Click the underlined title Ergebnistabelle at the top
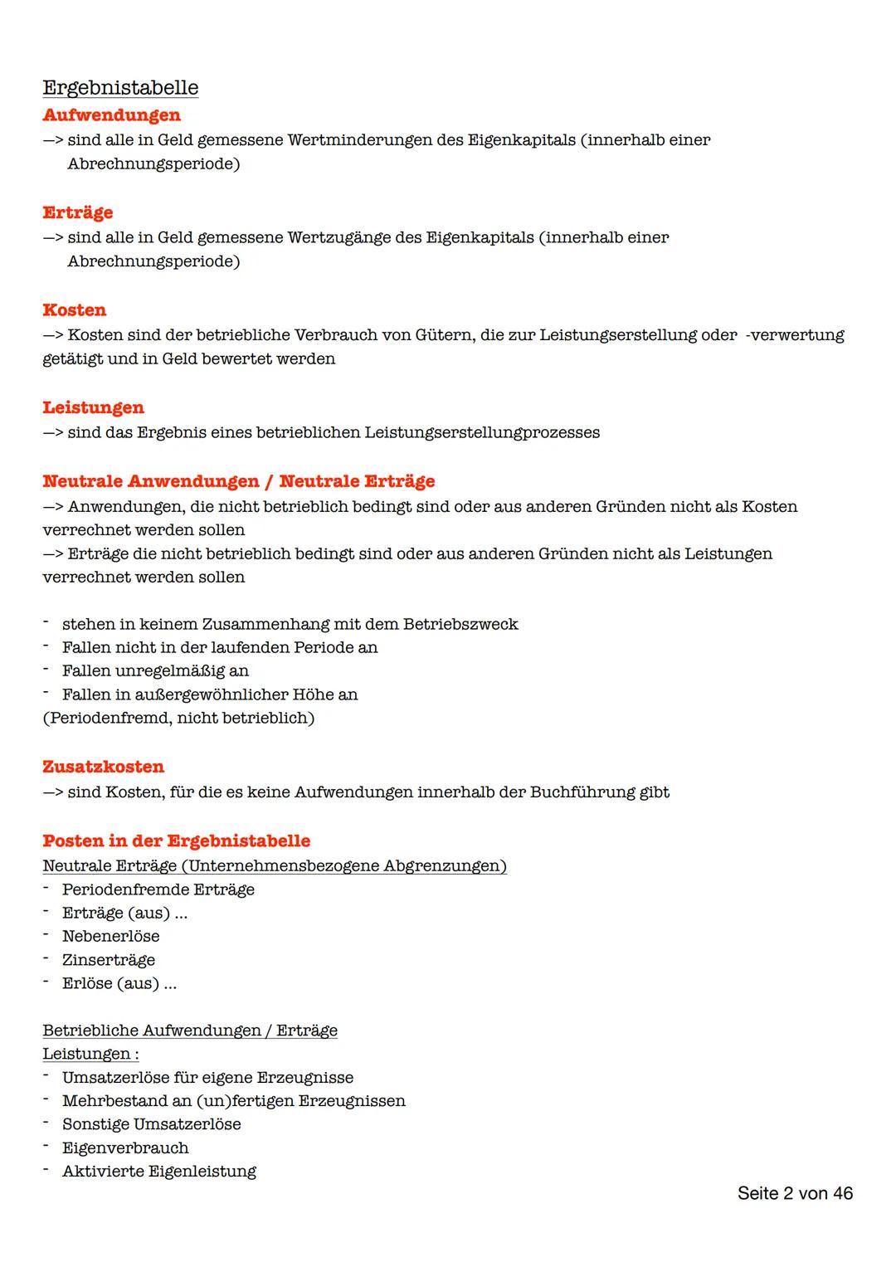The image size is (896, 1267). [120, 88]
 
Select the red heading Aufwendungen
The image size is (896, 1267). [111, 115]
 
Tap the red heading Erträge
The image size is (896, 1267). [77, 212]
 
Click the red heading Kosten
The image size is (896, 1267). [74, 310]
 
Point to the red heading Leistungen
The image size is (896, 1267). [93, 407]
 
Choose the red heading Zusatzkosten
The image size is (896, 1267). [103, 767]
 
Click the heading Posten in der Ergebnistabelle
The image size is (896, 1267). [176, 841]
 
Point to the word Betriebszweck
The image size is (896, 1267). [460, 624]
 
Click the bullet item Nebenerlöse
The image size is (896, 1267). [110, 936]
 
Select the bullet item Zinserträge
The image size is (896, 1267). [108, 960]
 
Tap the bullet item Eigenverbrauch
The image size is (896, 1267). [125, 1148]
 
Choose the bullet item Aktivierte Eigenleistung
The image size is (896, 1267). [158, 1172]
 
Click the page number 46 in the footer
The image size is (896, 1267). [843, 1193]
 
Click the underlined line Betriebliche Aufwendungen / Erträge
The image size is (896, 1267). [190, 1031]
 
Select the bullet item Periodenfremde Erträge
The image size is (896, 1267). [158, 889]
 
